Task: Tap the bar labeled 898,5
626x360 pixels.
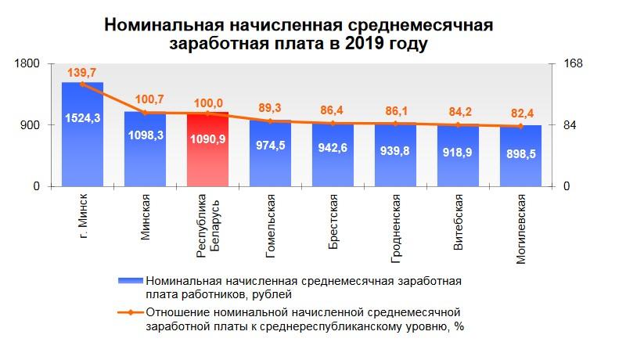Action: pos(520,157)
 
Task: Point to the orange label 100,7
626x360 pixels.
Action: pos(145,99)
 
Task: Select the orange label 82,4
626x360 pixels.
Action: pos(520,112)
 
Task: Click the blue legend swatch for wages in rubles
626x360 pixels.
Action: pos(128,279)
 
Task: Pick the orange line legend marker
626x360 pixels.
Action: pos(128,313)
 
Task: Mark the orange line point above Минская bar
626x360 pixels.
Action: pos(145,113)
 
